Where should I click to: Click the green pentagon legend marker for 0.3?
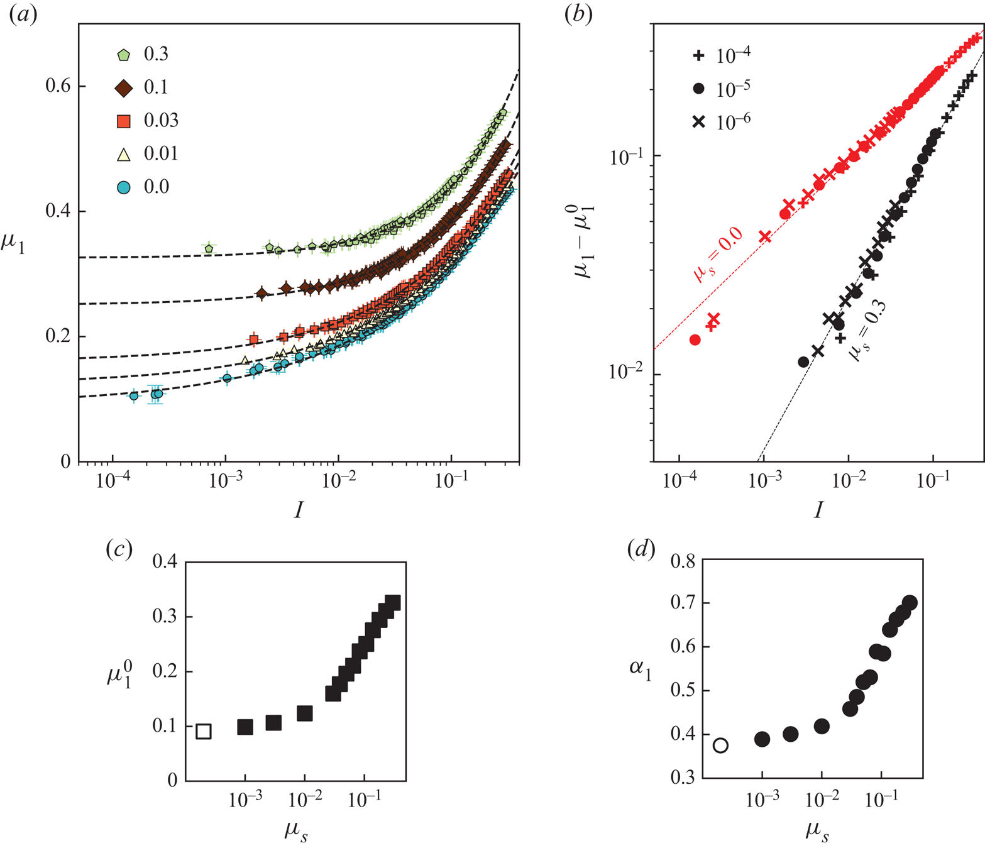click(x=124, y=55)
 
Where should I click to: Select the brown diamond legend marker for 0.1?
click(x=124, y=88)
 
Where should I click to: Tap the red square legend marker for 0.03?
click(x=124, y=121)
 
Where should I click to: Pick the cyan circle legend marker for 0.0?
click(x=124, y=187)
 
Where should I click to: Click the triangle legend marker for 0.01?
click(x=124, y=154)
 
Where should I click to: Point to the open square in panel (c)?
click(x=203, y=731)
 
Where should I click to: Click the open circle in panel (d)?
click(x=720, y=746)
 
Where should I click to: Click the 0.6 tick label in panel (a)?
click(x=58, y=85)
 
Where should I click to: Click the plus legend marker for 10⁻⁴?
click(x=698, y=56)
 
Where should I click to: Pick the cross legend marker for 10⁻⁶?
click(x=698, y=122)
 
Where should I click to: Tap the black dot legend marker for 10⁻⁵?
click(x=698, y=89)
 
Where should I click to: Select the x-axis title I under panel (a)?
click(x=299, y=509)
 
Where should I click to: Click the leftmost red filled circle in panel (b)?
click(x=695, y=340)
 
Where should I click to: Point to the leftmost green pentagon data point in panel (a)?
click(x=209, y=249)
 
